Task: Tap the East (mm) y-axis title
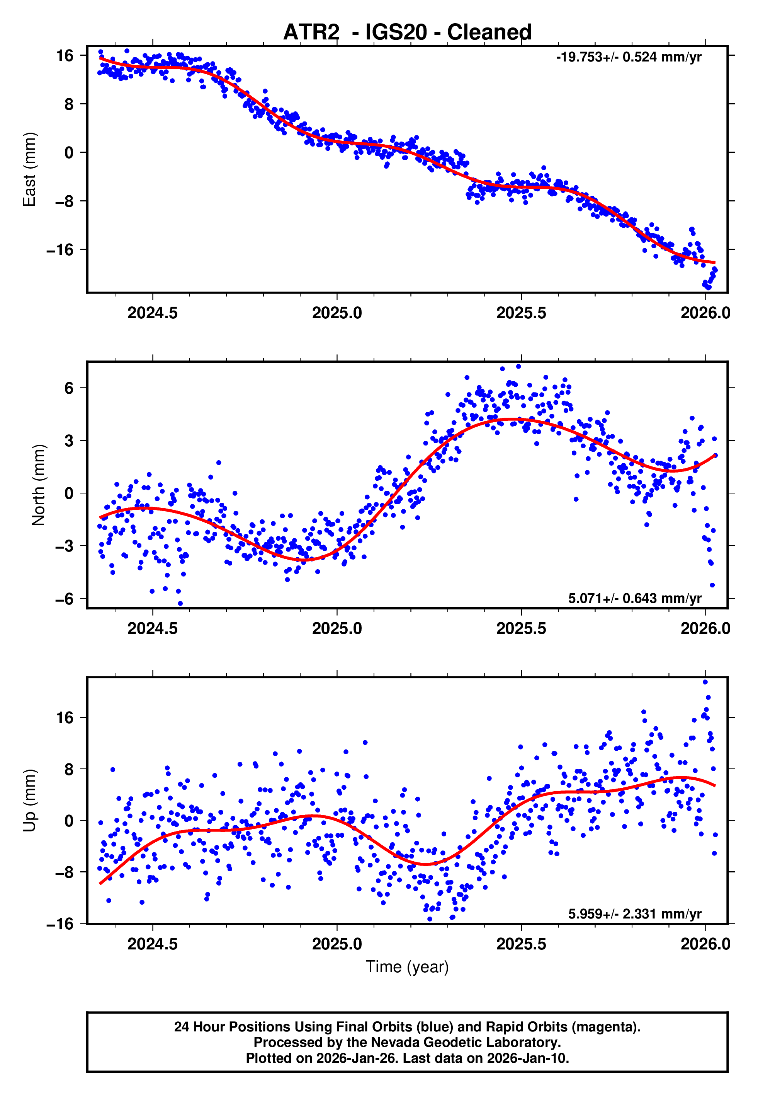coord(29,169)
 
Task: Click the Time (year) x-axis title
coord(407,967)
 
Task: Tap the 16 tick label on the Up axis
coord(65,718)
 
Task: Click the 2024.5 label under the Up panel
coord(153,944)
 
